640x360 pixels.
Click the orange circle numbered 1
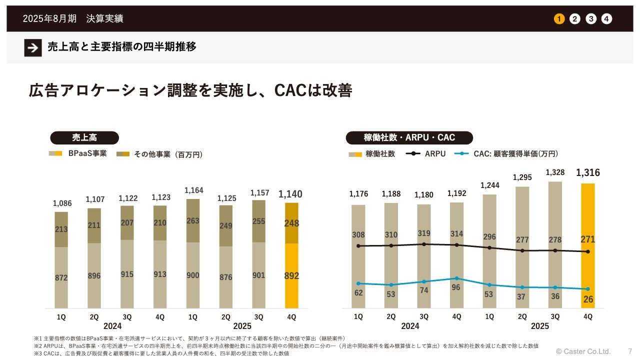pyautogui.click(x=559, y=19)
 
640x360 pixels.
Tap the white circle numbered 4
pyautogui.click(x=606, y=19)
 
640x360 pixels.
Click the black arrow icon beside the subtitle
pyautogui.click(x=33, y=47)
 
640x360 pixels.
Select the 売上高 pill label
pyautogui.click(x=84, y=137)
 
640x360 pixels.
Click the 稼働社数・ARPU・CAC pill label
pyautogui.click(x=409, y=137)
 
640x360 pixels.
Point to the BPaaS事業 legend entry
pyautogui.click(x=78, y=154)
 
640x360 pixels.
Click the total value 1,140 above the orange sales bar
pyautogui.click(x=290, y=194)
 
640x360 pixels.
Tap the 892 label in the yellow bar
pyautogui.click(x=291, y=275)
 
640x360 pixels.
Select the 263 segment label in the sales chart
pyautogui.click(x=193, y=221)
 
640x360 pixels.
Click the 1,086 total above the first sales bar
pyautogui.click(x=62, y=203)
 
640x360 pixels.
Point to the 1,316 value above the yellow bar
pyautogui.click(x=588, y=173)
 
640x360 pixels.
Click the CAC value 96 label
pyautogui.click(x=456, y=287)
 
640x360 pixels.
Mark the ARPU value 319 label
pyautogui.click(x=423, y=233)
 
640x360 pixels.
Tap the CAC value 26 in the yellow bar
pyautogui.click(x=588, y=299)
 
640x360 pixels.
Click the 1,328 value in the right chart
pyautogui.click(x=555, y=172)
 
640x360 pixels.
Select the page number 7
pyautogui.click(x=630, y=351)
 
